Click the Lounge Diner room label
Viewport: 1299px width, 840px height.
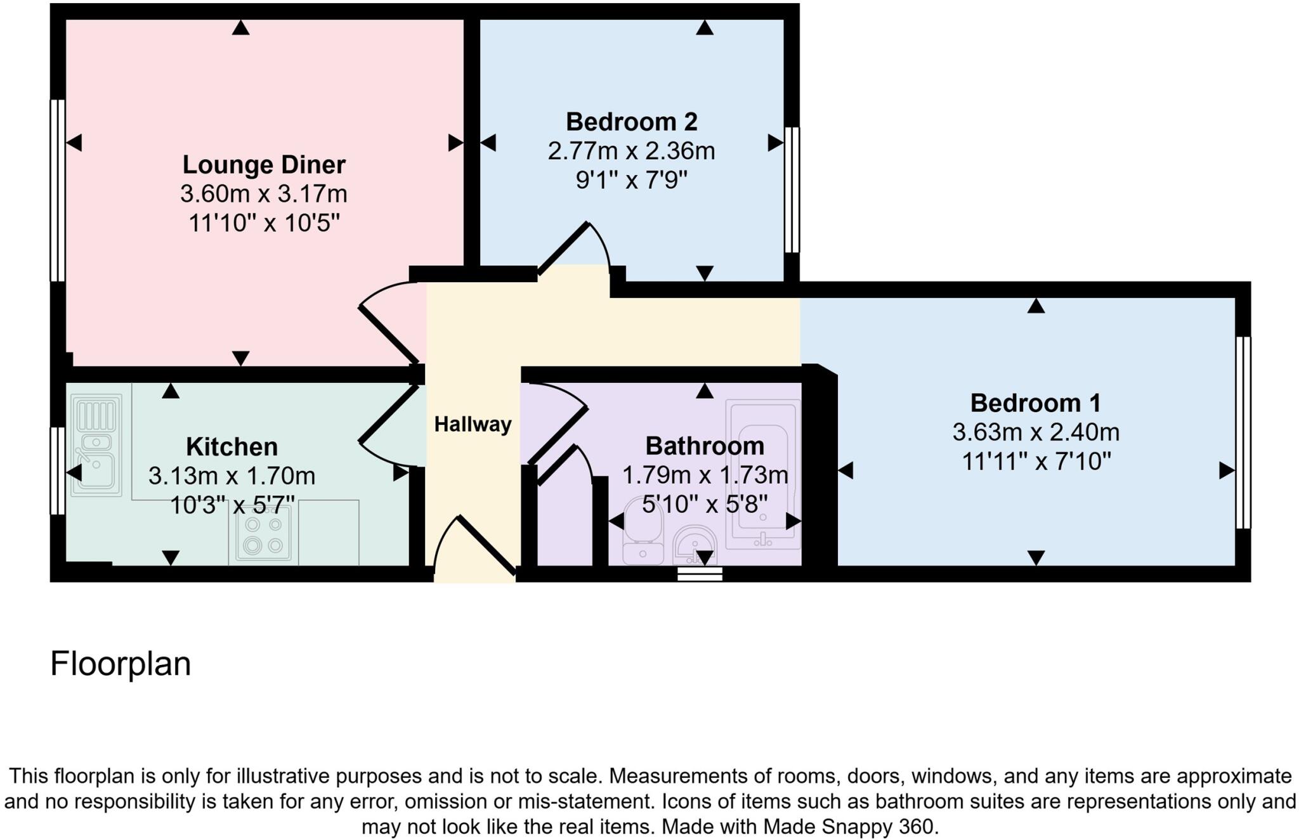click(264, 165)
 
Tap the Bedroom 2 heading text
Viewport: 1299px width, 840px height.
click(631, 122)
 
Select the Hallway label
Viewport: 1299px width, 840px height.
click(473, 424)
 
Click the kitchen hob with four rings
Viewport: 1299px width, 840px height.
click(264, 535)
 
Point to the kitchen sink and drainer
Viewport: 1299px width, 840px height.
click(96, 444)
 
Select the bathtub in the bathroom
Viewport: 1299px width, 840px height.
click(764, 474)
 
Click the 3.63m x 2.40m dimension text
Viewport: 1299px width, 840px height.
click(1035, 432)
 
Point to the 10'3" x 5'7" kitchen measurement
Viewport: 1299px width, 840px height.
click(232, 505)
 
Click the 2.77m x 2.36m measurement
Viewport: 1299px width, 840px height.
click(631, 151)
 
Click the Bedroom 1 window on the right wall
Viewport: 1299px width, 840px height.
click(1243, 432)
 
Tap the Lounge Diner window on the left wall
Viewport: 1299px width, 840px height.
click(58, 190)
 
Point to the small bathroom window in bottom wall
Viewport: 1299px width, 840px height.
click(700, 574)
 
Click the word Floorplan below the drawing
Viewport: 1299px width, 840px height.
click(121, 664)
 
